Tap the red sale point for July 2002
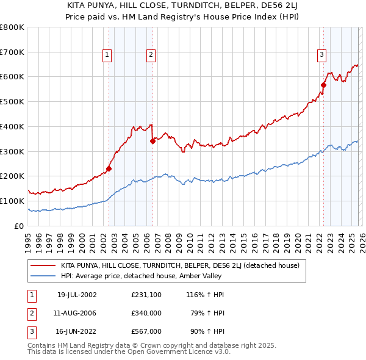click(109, 168)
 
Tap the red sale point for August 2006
click(152, 141)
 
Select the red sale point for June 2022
click(324, 85)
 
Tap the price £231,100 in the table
click(146, 295)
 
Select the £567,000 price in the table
click(146, 333)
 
